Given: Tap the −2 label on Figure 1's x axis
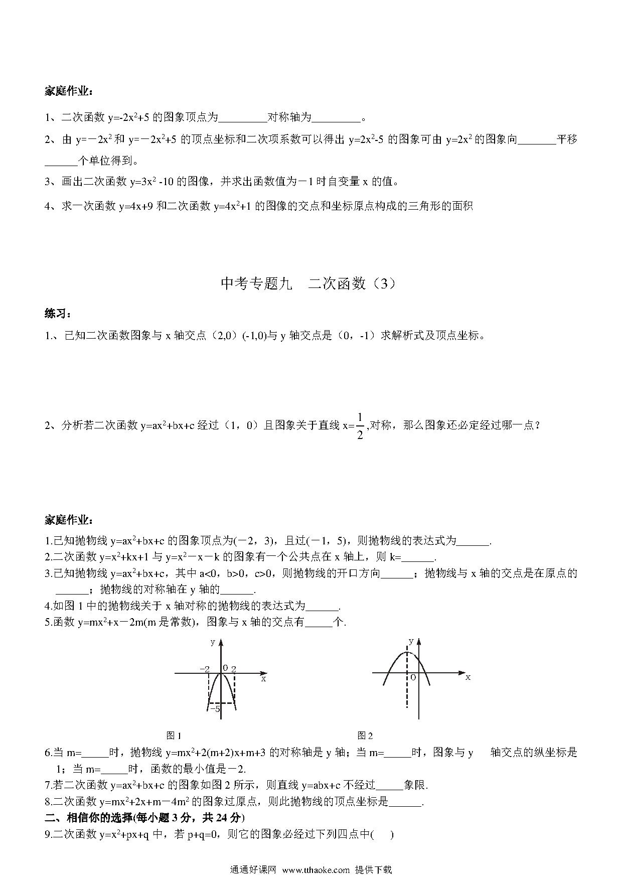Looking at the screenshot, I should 204,669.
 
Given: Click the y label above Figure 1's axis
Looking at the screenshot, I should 213,642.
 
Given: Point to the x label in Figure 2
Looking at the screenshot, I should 468,677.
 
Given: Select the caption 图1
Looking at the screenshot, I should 174,736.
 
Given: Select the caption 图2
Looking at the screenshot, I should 365,736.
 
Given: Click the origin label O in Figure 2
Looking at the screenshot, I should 413,677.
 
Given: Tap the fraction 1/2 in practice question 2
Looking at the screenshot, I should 360,425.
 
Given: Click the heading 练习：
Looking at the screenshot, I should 58,314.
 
